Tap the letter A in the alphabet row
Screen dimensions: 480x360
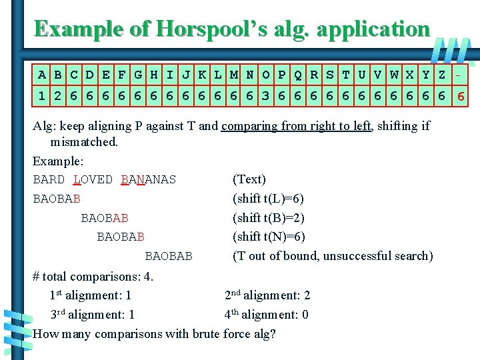coord(42,75)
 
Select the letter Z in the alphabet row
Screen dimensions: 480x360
coord(442,75)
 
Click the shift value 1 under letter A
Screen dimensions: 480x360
coord(42,97)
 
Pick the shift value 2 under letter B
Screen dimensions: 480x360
coord(58,97)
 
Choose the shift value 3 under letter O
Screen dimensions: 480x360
coord(266,97)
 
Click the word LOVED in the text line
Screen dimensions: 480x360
coord(93,180)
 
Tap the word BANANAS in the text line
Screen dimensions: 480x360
coord(149,180)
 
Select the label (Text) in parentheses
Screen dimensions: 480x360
coord(249,179)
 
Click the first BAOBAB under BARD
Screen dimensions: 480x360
coord(57,199)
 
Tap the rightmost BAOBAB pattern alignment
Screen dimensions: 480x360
coord(169,256)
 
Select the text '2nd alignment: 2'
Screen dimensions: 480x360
coord(267,295)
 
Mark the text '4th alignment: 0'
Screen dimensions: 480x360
coord(267,315)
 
